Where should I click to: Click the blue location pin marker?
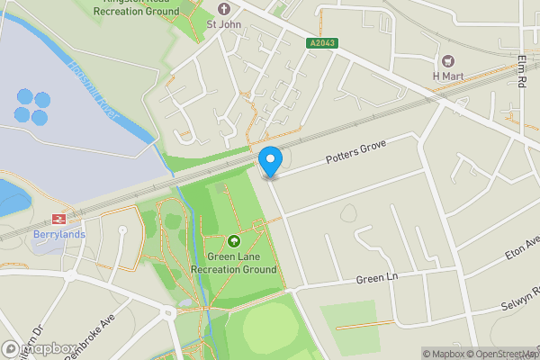pyautogui.click(x=271, y=160)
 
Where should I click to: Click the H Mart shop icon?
pyautogui.click(x=447, y=60)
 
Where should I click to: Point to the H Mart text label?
pyautogui.click(x=447, y=76)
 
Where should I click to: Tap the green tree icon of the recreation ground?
pyautogui.click(x=234, y=241)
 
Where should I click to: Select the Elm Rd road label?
pyautogui.click(x=523, y=68)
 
